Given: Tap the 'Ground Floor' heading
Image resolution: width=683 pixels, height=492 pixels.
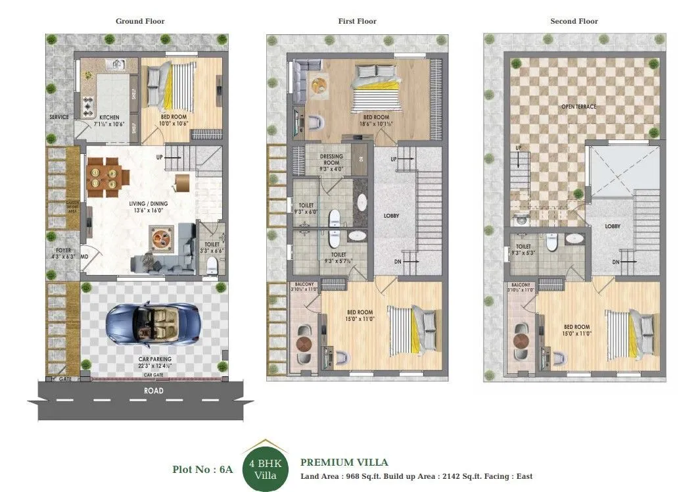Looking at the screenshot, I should coord(140,21).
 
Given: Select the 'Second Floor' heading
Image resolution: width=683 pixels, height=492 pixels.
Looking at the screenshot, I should coord(573,21).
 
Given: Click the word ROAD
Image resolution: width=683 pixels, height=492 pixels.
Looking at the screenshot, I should coord(153,391).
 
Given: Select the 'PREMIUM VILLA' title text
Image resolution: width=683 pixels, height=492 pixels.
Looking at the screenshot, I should coord(344,462).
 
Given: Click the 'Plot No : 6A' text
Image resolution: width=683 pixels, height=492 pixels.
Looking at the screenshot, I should coord(202,470).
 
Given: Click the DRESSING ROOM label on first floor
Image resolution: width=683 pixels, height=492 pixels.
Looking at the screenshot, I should coord(331,160).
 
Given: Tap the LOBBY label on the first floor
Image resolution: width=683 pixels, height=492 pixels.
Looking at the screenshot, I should coord(392,216).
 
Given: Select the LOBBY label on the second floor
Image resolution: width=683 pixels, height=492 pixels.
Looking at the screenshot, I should coord(613,226).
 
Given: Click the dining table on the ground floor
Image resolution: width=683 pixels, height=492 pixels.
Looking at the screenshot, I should coord(106,175).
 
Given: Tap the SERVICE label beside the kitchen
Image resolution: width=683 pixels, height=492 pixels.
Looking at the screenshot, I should coord(59,117).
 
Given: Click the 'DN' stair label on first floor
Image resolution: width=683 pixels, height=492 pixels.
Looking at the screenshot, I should coord(398,262).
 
